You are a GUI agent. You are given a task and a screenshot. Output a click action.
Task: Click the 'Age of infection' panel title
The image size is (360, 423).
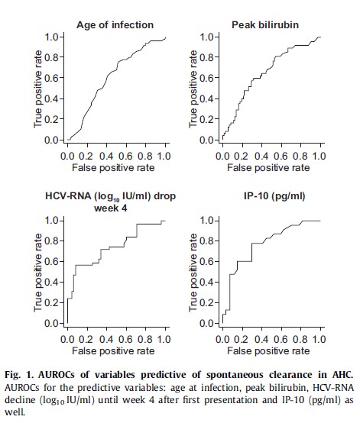click(x=115, y=25)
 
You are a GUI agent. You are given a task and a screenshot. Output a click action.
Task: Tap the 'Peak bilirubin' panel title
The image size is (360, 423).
click(x=265, y=25)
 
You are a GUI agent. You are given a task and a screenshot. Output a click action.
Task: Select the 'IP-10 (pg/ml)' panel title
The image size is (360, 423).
click(x=274, y=196)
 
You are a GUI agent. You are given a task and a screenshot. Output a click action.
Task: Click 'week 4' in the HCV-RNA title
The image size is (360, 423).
click(x=111, y=208)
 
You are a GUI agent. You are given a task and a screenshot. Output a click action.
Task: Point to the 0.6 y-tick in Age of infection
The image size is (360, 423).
click(x=51, y=78)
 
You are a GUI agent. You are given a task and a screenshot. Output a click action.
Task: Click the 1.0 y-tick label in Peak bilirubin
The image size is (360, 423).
click(x=206, y=37)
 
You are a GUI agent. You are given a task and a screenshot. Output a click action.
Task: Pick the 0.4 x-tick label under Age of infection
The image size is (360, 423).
click(x=106, y=157)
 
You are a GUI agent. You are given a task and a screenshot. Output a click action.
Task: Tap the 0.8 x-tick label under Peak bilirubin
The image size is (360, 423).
click(x=300, y=157)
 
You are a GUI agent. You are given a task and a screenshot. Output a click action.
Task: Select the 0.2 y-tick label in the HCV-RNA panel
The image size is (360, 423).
click(x=51, y=302)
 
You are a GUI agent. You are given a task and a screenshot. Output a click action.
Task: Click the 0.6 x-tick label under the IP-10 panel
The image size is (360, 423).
click(x=281, y=339)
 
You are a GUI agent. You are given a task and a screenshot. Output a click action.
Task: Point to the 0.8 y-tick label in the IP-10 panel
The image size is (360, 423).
click(x=206, y=241)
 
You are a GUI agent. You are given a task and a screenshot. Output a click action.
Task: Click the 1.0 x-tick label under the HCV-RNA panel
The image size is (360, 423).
click(x=164, y=339)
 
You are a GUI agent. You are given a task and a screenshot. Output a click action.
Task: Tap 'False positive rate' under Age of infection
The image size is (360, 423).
click(x=113, y=168)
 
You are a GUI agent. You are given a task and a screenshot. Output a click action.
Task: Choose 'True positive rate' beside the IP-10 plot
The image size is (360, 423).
click(x=193, y=273)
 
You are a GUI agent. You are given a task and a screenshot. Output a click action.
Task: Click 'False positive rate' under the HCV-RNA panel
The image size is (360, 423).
click(x=113, y=351)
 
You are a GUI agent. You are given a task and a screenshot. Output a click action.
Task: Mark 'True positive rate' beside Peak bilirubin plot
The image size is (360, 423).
click(x=193, y=89)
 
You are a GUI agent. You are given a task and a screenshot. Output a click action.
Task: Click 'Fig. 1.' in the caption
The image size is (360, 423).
click(x=19, y=375)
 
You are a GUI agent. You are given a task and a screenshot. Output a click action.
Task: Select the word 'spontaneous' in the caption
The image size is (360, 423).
click(x=235, y=375)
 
